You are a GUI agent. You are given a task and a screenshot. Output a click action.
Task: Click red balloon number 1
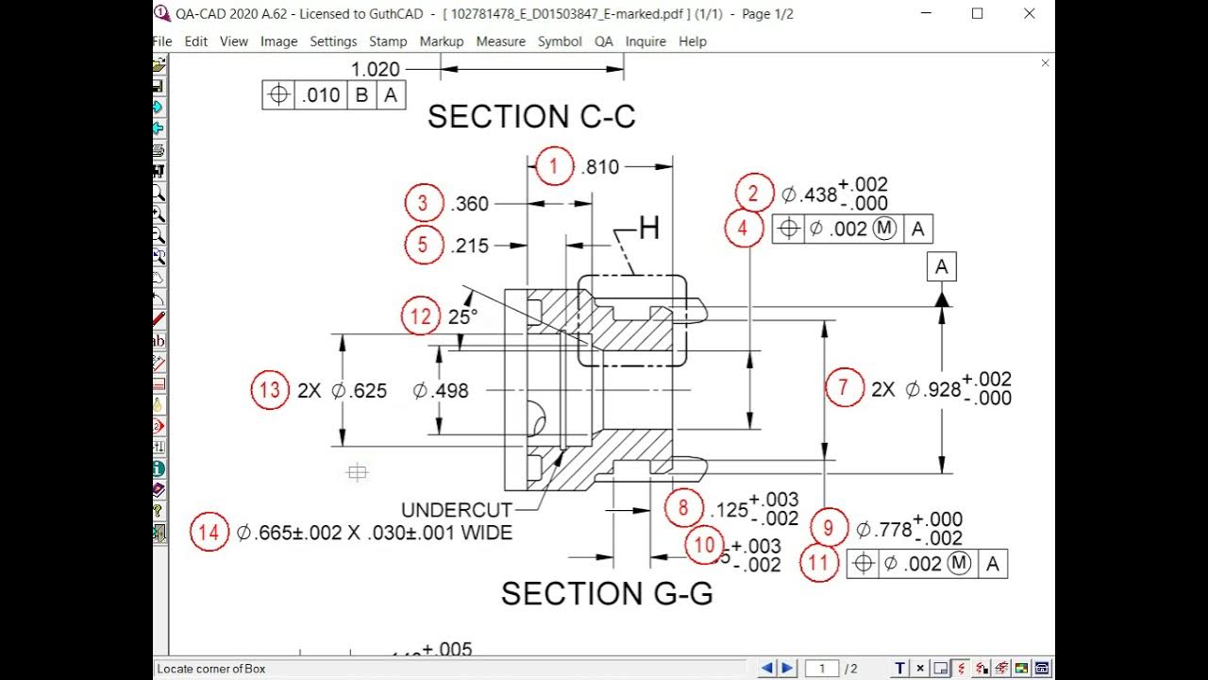tap(554, 167)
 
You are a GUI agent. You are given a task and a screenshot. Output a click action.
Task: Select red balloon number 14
tap(209, 533)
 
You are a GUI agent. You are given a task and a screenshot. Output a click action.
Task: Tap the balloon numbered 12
tap(422, 316)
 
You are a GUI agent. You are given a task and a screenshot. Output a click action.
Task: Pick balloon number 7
tap(844, 387)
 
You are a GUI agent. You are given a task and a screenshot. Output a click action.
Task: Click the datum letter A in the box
tap(941, 267)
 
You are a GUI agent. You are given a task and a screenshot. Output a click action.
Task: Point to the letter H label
tap(649, 229)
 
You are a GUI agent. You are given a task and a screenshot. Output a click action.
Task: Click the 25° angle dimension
tap(462, 317)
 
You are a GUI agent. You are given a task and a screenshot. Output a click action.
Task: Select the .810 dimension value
tap(600, 167)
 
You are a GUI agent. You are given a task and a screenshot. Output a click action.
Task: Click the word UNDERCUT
tap(457, 510)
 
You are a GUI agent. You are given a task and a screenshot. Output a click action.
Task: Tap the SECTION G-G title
tap(607, 593)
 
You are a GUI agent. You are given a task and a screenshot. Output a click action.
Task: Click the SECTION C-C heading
tap(531, 116)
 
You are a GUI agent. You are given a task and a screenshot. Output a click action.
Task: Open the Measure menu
tap(500, 42)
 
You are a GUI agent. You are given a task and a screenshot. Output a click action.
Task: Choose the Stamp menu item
tap(388, 42)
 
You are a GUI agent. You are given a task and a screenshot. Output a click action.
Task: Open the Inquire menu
tap(646, 42)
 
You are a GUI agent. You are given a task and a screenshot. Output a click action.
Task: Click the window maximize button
tap(977, 13)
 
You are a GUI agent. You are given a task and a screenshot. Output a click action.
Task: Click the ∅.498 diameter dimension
tap(441, 391)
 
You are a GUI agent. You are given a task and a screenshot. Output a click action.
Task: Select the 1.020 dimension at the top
tap(376, 69)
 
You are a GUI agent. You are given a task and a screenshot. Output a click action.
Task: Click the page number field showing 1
tap(822, 669)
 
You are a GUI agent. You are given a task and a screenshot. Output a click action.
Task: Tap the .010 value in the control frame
tap(321, 95)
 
